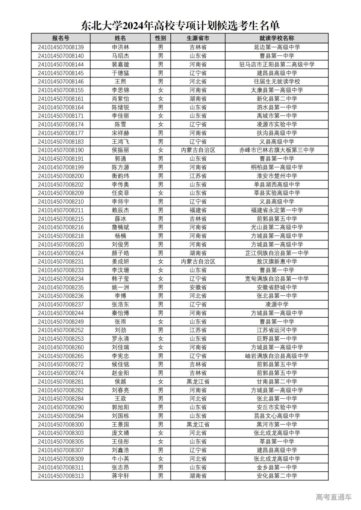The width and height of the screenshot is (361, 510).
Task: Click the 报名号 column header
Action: tap(61, 38)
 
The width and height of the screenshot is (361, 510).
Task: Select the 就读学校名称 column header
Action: tap(276, 38)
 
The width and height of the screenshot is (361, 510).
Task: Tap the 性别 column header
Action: tap(160, 38)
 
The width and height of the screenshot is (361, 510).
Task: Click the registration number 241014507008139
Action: tap(61, 47)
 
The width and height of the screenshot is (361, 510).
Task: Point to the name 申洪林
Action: tap(120, 47)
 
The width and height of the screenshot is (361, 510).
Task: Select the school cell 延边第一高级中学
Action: tap(276, 47)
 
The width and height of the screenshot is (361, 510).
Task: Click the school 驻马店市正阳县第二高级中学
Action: tap(276, 64)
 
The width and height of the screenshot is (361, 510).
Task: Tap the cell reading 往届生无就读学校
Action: tap(276, 81)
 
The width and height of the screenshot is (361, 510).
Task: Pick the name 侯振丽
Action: tap(120, 150)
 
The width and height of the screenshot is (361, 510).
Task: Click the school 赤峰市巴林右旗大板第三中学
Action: tap(276, 150)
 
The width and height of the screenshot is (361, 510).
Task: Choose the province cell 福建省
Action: tap(198, 210)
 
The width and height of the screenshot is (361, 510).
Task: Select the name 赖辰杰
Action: tap(120, 210)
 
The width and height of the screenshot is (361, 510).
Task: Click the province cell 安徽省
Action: tap(198, 287)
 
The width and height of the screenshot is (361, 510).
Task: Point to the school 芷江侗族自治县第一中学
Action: tap(276, 253)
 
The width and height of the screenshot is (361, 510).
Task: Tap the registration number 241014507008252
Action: tap(61, 330)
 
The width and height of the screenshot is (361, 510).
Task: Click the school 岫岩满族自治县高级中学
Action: tap(276, 356)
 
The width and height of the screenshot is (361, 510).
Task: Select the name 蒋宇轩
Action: tap(120, 476)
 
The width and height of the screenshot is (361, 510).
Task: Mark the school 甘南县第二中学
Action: tap(276, 381)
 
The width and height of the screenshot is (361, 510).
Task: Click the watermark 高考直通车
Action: tap(333, 497)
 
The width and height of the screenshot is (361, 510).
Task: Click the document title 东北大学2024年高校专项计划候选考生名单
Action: tap(180, 26)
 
